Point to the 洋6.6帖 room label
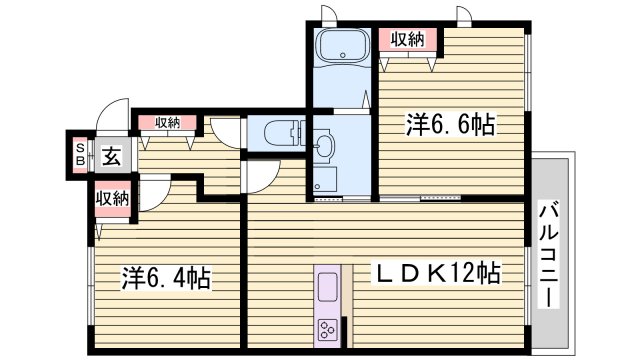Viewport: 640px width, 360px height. pos(450,124)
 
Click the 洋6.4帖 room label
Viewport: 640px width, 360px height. pos(166,277)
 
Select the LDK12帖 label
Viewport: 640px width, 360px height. pos(437,272)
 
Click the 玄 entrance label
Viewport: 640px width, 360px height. pos(111,156)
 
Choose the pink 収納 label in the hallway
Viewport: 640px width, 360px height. pos(166,122)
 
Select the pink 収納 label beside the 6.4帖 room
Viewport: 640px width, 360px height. pos(113,198)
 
